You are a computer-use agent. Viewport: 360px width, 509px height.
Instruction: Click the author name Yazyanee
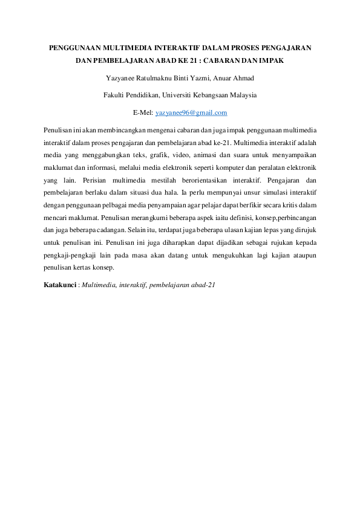pyautogui.click(x=122, y=78)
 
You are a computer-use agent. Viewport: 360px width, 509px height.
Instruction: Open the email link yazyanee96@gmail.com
pyautogui.click(x=191, y=112)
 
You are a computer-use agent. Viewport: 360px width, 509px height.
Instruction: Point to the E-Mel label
pyautogui.click(x=143, y=112)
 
